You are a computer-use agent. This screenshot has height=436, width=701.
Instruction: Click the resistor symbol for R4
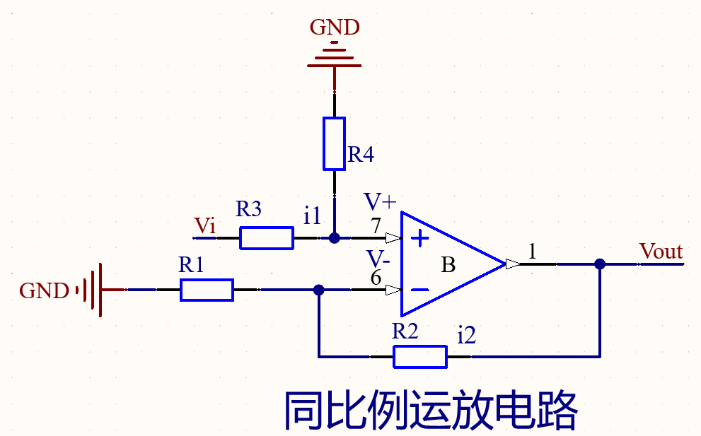point(334,144)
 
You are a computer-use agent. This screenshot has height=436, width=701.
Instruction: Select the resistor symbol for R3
point(267,238)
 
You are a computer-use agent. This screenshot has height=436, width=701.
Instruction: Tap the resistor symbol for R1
point(207,290)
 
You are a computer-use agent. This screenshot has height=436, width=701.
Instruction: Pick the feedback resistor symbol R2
point(420,357)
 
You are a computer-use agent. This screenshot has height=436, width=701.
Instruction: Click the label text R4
point(361,155)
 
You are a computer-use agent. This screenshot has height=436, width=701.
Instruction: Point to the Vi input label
point(205,226)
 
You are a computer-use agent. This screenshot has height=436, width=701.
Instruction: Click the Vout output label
point(661,252)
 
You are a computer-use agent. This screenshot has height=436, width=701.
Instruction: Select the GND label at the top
point(335,28)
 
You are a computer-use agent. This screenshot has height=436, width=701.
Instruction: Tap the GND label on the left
point(44,290)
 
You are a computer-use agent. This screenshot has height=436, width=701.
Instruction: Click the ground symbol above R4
point(334,59)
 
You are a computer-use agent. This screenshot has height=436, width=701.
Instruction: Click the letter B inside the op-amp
point(448,266)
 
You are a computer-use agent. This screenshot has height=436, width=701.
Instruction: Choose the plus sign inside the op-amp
point(420,239)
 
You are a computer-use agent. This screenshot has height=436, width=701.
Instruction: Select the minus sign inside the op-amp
point(420,290)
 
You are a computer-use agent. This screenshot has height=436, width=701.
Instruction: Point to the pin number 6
point(376,278)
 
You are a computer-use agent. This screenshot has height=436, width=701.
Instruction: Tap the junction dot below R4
point(335,238)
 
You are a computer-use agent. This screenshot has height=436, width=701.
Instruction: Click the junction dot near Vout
point(600,264)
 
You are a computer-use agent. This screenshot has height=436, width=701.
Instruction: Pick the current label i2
point(466,336)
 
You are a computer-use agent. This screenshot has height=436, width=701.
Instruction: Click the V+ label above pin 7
point(380,202)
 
